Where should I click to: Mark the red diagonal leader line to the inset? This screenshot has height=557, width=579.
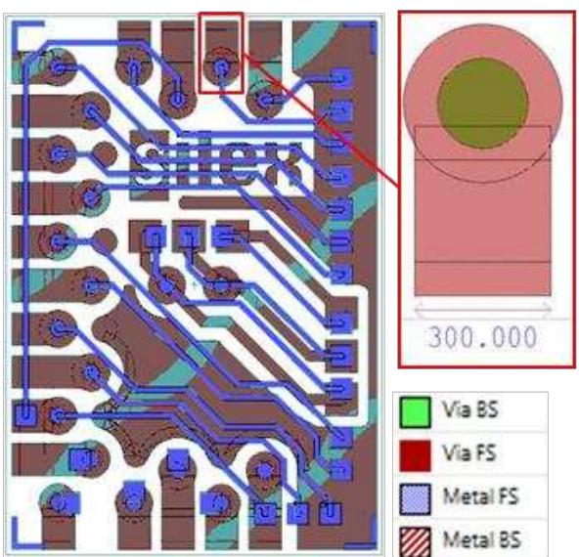pyautogui.click(x=323, y=117)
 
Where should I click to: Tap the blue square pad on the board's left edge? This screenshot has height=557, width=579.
pyautogui.click(x=25, y=413)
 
